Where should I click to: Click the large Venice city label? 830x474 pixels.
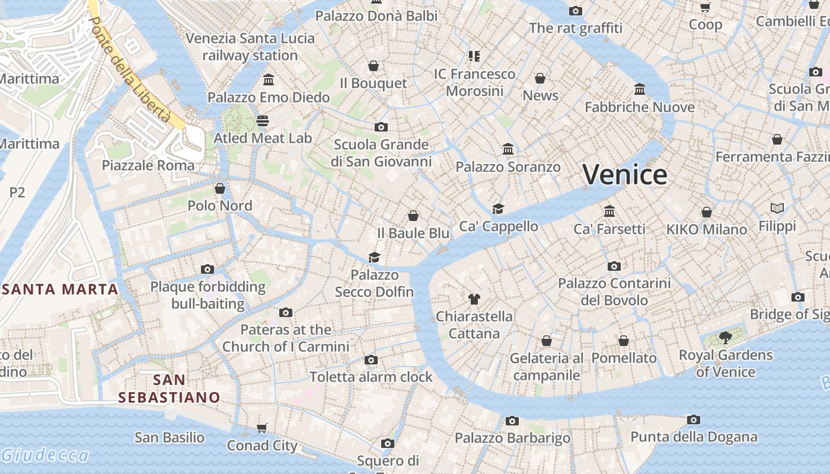pyautogui.click(x=625, y=175)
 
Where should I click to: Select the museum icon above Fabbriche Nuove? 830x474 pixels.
pyautogui.click(x=640, y=89)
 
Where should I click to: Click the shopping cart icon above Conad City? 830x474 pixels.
pyautogui.click(x=262, y=428)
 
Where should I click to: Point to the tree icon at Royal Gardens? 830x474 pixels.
pyautogui.click(x=725, y=338)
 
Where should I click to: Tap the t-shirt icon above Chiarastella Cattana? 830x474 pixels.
pyautogui.click(x=474, y=299)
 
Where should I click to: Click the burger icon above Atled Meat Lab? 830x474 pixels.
pyautogui.click(x=263, y=121)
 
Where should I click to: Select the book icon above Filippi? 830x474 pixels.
pyautogui.click(x=777, y=209)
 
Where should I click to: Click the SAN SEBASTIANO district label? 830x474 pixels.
pyautogui.click(x=169, y=388)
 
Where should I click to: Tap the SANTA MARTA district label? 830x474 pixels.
pyautogui.click(x=60, y=289)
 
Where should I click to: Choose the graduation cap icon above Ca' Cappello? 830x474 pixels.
pyautogui.click(x=498, y=209)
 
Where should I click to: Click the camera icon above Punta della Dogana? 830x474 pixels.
pyautogui.click(x=694, y=420)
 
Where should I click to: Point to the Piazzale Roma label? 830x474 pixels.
pyautogui.click(x=148, y=165)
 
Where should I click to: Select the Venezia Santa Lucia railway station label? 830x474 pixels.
pyautogui.click(x=250, y=47)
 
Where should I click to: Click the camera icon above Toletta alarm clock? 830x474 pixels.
pyautogui.click(x=371, y=360)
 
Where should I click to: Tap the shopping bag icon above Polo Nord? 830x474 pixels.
pyautogui.click(x=220, y=188)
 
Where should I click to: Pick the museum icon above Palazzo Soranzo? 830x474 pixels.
pyautogui.click(x=508, y=149)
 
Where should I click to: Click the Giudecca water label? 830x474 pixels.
pyautogui.click(x=44, y=455)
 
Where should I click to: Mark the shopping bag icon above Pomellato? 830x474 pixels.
pyautogui.click(x=624, y=341)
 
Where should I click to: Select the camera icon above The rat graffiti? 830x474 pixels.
pyautogui.click(x=575, y=11)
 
